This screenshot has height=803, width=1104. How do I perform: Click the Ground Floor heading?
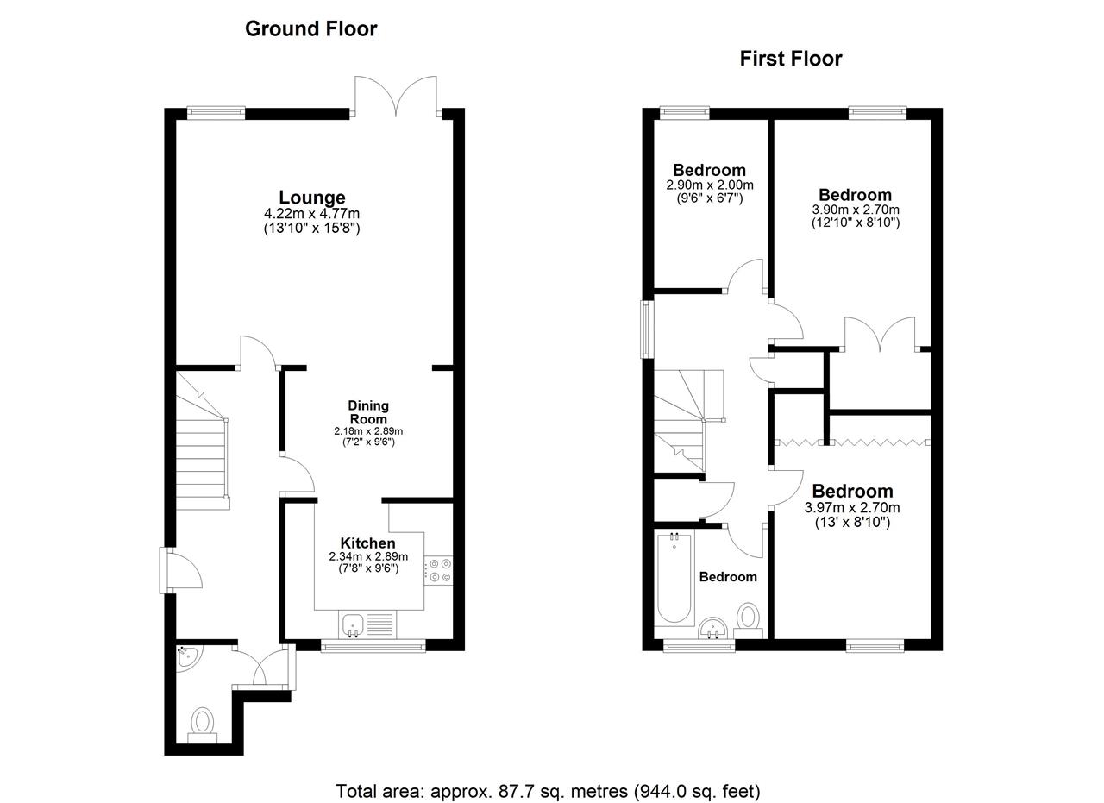click(311, 29)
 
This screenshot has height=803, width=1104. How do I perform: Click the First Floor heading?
click(791, 59)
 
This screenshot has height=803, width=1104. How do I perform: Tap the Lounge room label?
click(312, 198)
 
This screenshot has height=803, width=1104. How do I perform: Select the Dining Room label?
click(368, 412)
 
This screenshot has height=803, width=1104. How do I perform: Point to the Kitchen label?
click(367, 543)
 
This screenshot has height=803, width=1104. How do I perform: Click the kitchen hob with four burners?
click(438, 570)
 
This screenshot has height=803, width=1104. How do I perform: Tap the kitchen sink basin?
click(351, 624)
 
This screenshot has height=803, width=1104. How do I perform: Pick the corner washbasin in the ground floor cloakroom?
click(187, 656)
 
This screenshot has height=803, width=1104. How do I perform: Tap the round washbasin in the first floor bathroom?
click(712, 628)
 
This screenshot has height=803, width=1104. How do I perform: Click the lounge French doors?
click(396, 97)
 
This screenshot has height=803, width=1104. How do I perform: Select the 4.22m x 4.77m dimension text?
click(312, 214)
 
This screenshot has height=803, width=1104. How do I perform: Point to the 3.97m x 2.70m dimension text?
click(852, 507)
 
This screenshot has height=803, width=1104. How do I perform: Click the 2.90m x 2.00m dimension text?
click(710, 185)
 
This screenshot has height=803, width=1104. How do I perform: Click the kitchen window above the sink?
click(373, 645)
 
